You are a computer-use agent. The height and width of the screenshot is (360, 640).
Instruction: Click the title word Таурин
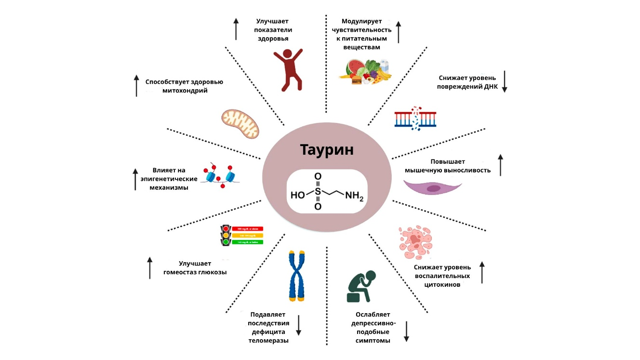pyautogui.click(x=327, y=149)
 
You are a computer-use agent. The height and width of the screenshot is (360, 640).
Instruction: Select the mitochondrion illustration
pyautogui.click(x=240, y=123)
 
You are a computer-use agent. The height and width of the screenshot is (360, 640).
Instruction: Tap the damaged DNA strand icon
pyautogui.click(x=415, y=118)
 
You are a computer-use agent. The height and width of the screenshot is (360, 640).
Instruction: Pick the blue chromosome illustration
pyautogui.click(x=295, y=276)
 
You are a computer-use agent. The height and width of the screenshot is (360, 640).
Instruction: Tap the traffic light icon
pyautogui.click(x=225, y=236)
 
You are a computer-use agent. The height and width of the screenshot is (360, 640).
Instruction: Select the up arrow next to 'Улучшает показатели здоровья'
pyautogui.click(x=236, y=29)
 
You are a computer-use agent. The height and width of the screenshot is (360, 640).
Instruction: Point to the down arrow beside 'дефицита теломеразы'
pyautogui.click(x=298, y=325)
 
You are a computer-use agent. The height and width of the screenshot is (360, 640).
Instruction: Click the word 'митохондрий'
pyautogui.click(x=185, y=91)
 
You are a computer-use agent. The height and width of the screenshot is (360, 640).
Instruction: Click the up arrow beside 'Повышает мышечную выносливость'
pyautogui.click(x=500, y=165)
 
